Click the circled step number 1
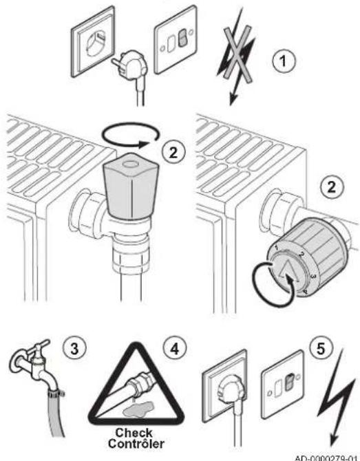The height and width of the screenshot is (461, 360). (283, 61)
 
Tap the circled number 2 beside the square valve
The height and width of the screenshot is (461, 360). (173, 152)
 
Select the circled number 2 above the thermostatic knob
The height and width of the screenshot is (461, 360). (332, 186)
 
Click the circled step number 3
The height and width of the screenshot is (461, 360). (75, 349)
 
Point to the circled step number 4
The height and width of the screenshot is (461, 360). (175, 349)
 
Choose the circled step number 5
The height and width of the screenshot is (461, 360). (321, 348)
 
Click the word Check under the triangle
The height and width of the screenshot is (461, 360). (134, 433)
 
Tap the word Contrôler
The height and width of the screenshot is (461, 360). (136, 443)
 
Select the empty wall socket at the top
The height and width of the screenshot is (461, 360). (93, 42)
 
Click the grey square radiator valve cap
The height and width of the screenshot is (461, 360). (131, 186)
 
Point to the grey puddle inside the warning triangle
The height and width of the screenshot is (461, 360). (138, 409)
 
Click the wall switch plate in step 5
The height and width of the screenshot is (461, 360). (282, 384)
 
